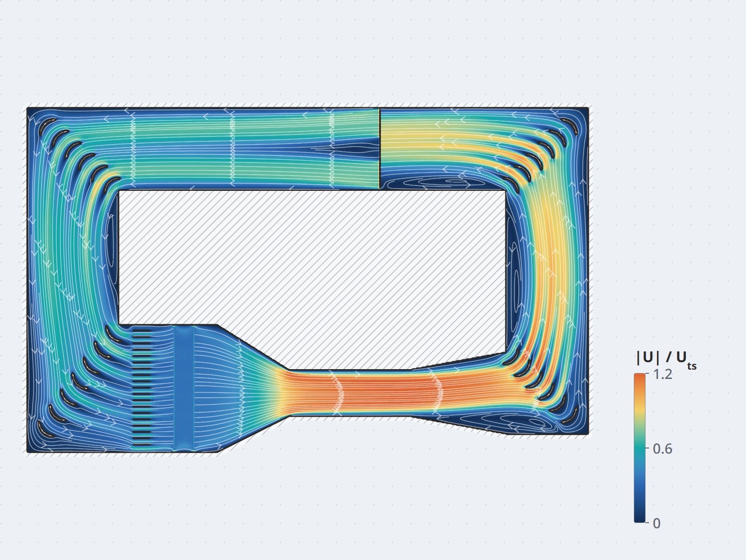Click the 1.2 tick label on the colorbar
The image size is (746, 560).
coord(663,374)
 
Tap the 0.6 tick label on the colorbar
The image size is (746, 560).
coord(663,449)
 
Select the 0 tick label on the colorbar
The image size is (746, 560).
coord(656,523)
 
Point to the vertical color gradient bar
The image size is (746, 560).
coord(640,448)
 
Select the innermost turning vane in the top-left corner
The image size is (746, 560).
coord(111,183)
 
